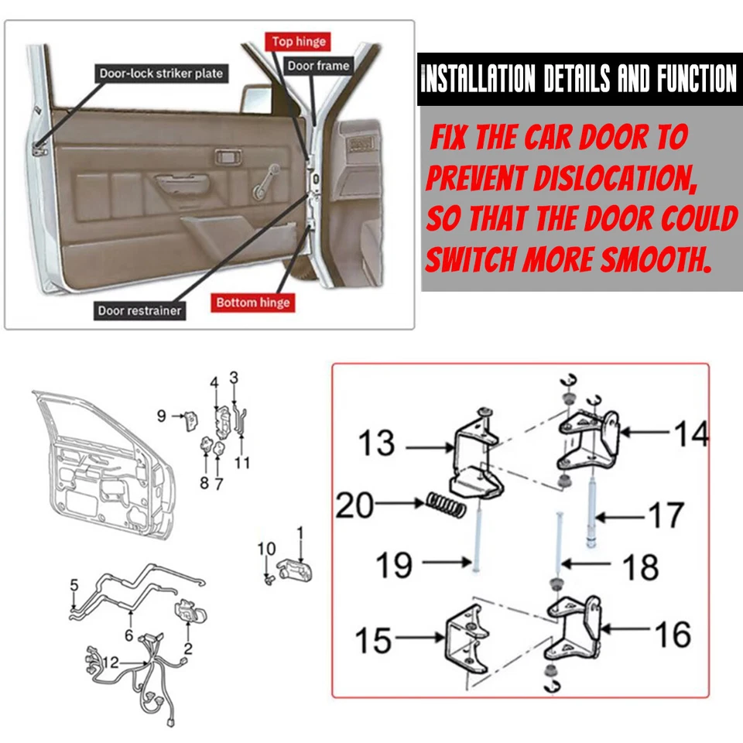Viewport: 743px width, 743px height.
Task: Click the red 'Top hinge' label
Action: (299, 41)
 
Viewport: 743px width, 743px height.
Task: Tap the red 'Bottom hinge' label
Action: (253, 302)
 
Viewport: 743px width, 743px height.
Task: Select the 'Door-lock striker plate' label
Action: (161, 74)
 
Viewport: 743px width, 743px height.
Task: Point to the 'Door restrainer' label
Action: (139, 310)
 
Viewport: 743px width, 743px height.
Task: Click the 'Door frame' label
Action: (319, 66)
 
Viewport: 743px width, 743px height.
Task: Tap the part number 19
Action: (394, 565)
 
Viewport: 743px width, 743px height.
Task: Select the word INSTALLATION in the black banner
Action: (477, 80)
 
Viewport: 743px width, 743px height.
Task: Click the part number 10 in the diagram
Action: (265, 549)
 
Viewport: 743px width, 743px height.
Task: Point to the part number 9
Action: (161, 416)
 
